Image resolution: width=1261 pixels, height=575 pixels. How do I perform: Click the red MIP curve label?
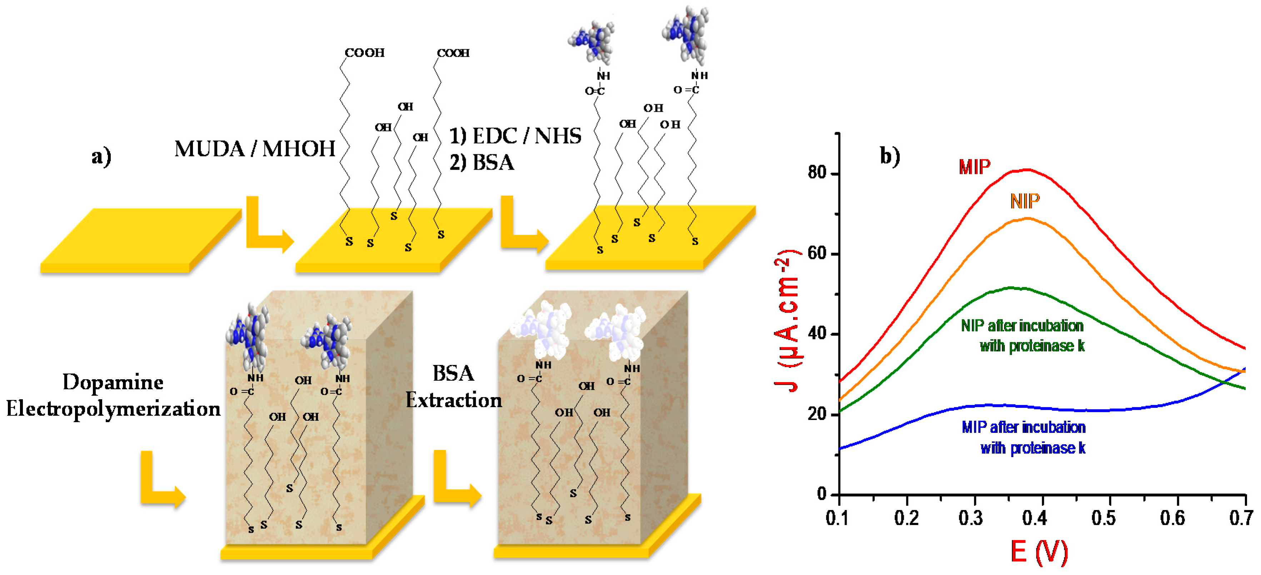(x=974, y=167)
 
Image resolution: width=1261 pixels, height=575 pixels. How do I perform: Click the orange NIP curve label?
(x=1025, y=201)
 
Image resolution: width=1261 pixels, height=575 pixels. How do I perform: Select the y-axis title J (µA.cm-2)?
(x=787, y=320)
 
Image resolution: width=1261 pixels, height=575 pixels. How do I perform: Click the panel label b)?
(x=890, y=156)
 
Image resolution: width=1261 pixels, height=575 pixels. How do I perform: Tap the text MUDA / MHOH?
(x=255, y=149)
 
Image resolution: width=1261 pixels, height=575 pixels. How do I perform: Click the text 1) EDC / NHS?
(x=515, y=136)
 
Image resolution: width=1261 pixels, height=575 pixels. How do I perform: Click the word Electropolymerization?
(x=113, y=409)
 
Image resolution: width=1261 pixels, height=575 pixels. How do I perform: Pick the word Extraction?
(x=454, y=400)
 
